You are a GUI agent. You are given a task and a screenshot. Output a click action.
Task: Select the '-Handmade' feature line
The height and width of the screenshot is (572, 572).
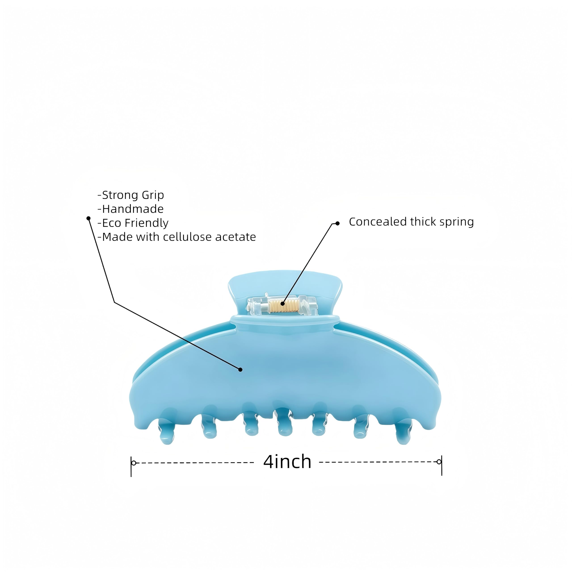(x=130, y=209)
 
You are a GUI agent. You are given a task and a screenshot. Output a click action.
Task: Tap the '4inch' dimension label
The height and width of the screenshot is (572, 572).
(x=287, y=462)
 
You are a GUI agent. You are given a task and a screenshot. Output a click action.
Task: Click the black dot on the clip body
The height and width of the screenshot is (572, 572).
(x=240, y=370)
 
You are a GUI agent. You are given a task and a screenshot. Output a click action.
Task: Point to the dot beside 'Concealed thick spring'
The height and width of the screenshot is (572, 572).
(x=338, y=223)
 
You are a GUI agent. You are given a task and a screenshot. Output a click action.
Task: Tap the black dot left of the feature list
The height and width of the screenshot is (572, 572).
(x=88, y=218)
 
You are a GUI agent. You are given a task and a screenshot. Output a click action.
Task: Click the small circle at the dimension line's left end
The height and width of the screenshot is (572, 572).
(x=134, y=463)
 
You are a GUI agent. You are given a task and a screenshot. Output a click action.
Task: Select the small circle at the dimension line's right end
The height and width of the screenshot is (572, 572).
(x=439, y=462)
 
